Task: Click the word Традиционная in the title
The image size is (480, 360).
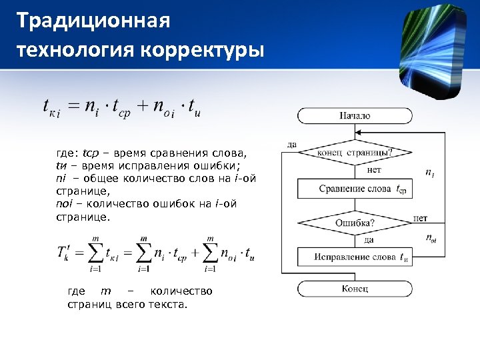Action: coord(93,21)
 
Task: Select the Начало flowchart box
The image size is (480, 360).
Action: coord(354,115)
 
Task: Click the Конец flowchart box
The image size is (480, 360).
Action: coord(354,289)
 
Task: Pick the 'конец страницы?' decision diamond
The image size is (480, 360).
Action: coord(355,152)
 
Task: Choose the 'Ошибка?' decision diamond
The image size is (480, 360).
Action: coord(355,223)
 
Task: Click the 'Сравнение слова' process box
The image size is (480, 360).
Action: coord(355,189)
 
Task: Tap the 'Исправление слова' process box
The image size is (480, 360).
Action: coord(355,257)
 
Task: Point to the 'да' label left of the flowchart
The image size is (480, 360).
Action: coord(292,143)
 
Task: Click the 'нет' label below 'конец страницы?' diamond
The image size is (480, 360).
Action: coord(374,170)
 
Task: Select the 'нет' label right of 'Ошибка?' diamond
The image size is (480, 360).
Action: coord(420,218)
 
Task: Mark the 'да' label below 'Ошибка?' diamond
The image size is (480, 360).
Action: coord(368,239)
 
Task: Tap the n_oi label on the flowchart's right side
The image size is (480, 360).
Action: coord(431,237)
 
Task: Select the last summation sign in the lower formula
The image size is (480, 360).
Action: coord(211,252)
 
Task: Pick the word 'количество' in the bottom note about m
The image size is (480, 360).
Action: coord(181,291)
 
